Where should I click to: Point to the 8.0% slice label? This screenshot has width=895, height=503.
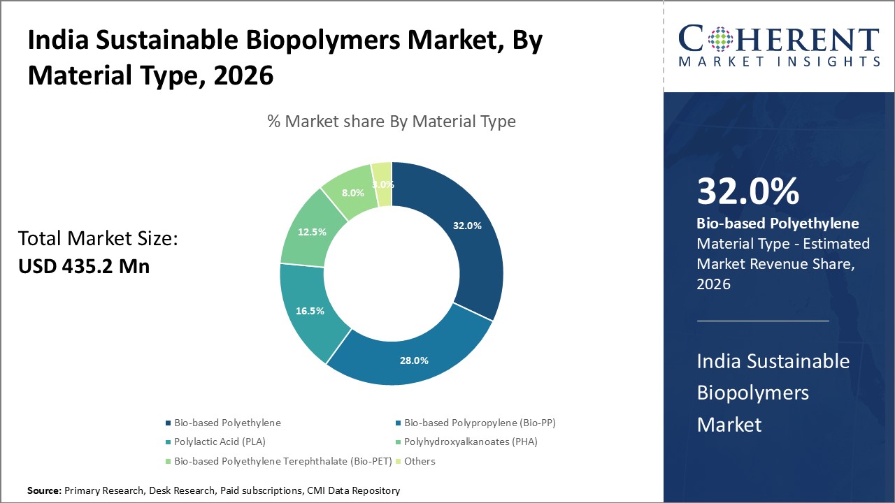(352, 193)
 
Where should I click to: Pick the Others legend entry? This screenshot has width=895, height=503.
(419, 461)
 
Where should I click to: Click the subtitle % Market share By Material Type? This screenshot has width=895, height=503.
(392, 122)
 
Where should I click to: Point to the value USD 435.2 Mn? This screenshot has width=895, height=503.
(83, 266)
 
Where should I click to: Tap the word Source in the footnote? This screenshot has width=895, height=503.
(43, 491)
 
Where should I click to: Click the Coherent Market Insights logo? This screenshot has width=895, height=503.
(779, 46)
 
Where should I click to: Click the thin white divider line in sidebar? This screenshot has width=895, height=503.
(762, 321)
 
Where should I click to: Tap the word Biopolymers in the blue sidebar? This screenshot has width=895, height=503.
(752, 393)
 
